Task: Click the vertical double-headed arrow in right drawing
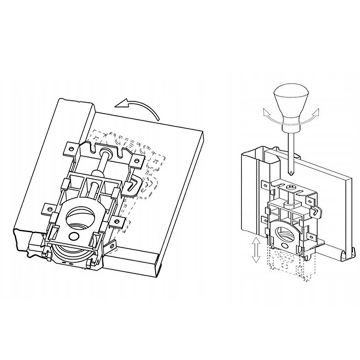[256, 249]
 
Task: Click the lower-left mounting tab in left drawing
[48, 207]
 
